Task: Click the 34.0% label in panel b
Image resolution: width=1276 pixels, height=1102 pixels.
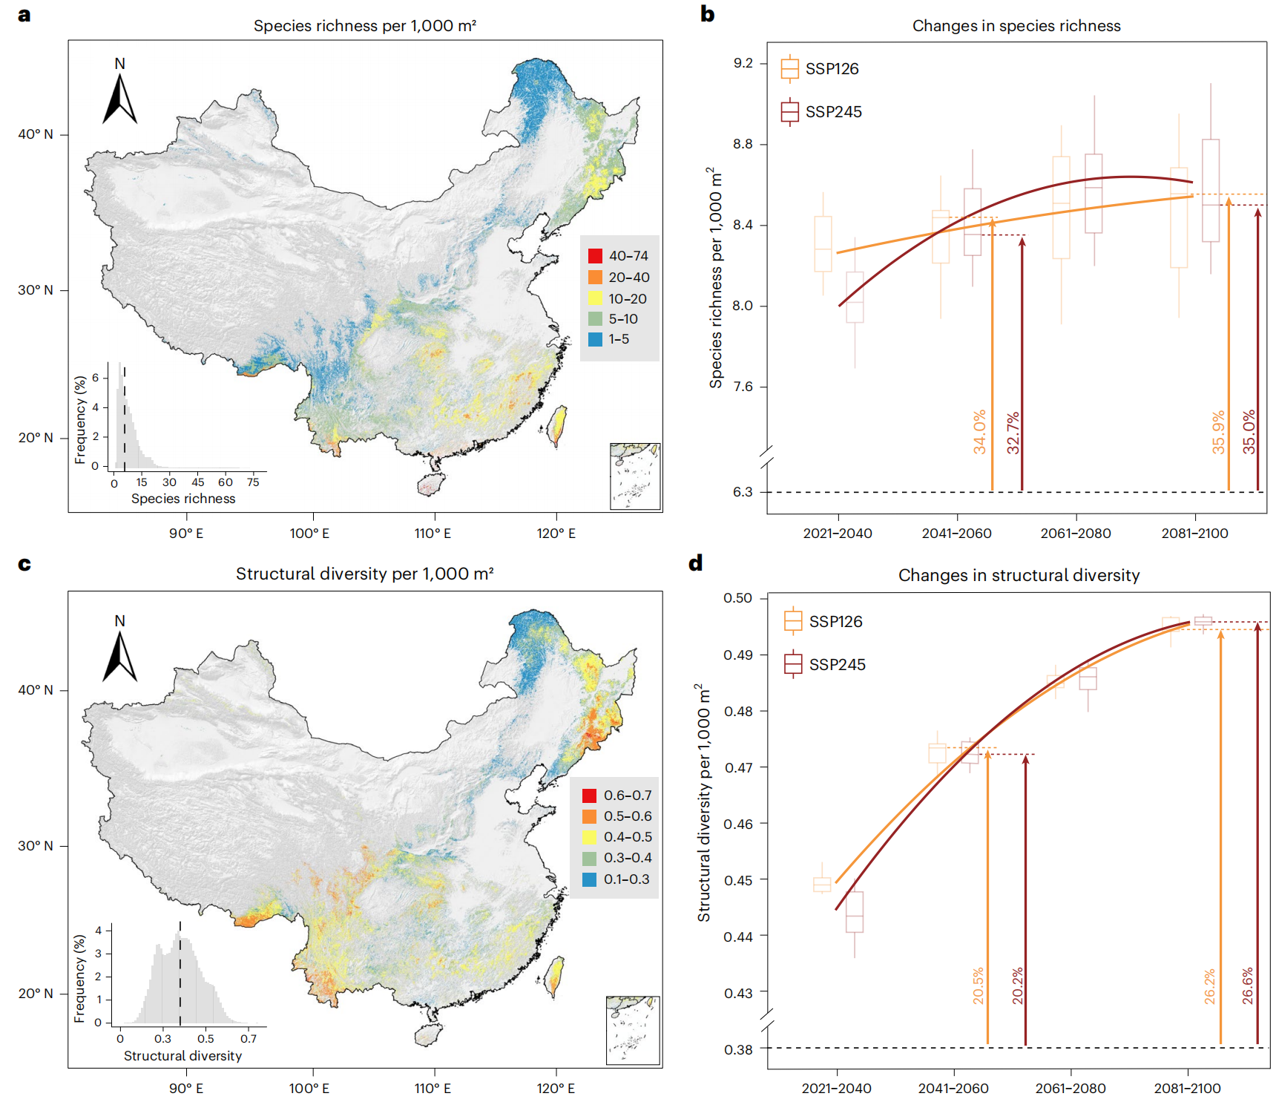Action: pyautogui.click(x=980, y=431)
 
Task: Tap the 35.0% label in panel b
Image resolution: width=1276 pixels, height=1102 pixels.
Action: pyautogui.click(x=1249, y=431)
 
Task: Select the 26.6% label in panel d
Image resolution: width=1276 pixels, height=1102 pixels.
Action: pyautogui.click(x=1248, y=985)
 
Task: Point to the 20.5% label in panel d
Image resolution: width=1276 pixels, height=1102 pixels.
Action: pyautogui.click(x=979, y=985)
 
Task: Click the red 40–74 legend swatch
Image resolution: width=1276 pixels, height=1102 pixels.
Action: pyautogui.click(x=595, y=256)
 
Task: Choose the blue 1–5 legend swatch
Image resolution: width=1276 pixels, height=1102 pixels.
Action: pyautogui.click(x=595, y=339)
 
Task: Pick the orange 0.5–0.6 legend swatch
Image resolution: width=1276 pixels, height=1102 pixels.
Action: pyautogui.click(x=590, y=816)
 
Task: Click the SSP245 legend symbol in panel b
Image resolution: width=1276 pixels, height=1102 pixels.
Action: pyautogui.click(x=790, y=112)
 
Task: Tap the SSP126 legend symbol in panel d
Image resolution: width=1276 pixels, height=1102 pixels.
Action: pyautogui.click(x=793, y=620)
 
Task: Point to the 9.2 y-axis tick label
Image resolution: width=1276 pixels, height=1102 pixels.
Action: pyautogui.click(x=743, y=63)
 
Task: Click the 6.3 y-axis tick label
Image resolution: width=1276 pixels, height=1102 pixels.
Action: pyautogui.click(x=743, y=492)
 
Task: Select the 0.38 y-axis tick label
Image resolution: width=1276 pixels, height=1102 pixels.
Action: pyautogui.click(x=738, y=1049)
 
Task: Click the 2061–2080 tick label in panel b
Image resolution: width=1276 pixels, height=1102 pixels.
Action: pyautogui.click(x=1076, y=534)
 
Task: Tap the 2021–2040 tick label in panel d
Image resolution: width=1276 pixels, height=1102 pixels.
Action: pyautogui.click(x=836, y=1089)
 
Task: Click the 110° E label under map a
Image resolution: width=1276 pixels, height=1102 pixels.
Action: pyautogui.click(x=433, y=534)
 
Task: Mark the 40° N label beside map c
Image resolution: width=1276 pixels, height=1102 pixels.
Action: pyautogui.click(x=36, y=690)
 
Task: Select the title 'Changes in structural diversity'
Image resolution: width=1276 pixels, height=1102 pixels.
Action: pyautogui.click(x=1019, y=575)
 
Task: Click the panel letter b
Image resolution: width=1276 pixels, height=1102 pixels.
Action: pyautogui.click(x=707, y=14)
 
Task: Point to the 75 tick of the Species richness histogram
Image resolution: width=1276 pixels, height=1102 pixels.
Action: pyautogui.click(x=253, y=482)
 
